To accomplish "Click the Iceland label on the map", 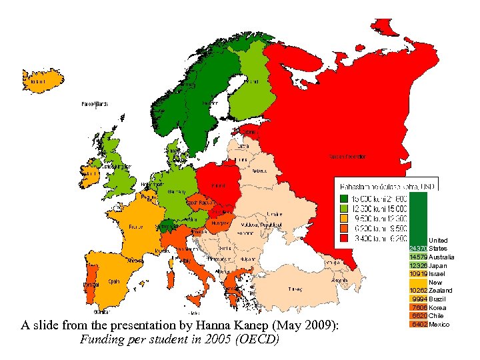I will pyautogui.click(x=38, y=82).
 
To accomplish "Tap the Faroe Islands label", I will pyautogui.click(x=94, y=104).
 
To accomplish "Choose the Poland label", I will pyautogui.click(x=218, y=185).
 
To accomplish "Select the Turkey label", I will pyautogui.click(x=294, y=289).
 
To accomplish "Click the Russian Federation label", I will pyautogui.click(x=347, y=157).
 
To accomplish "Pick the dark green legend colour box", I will pyautogui.click(x=344, y=198).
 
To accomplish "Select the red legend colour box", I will pyautogui.click(x=344, y=237).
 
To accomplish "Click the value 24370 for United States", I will pyautogui.click(x=418, y=248).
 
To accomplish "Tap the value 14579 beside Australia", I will pyautogui.click(x=418, y=257).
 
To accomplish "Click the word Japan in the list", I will pyautogui.click(x=437, y=265).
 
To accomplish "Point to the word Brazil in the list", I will pyautogui.click(x=438, y=299).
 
